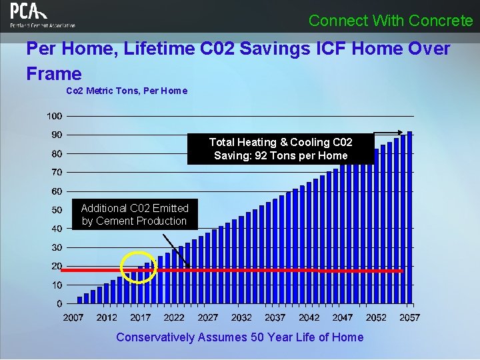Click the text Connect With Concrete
pyautogui.click(x=391, y=21)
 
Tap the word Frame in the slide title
pyautogui.click(x=54, y=73)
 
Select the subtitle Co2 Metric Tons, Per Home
pyautogui.click(x=127, y=91)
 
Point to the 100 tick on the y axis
pyautogui.click(x=55, y=116)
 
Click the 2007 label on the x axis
pyautogui.click(x=73, y=317)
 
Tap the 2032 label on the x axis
pyautogui.click(x=241, y=317)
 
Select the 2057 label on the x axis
pyautogui.click(x=409, y=317)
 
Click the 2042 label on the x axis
pyautogui.click(x=309, y=317)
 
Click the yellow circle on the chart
pyautogui.click(x=139, y=268)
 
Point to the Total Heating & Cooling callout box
pyautogui.click(x=280, y=149)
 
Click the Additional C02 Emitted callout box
pyautogui.click(x=135, y=215)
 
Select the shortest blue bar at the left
pyautogui.click(x=80, y=300)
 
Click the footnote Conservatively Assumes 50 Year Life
pyautogui.click(x=240, y=337)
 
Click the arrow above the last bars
pyautogui.click(x=388, y=132)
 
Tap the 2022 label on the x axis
pyautogui.click(x=174, y=317)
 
